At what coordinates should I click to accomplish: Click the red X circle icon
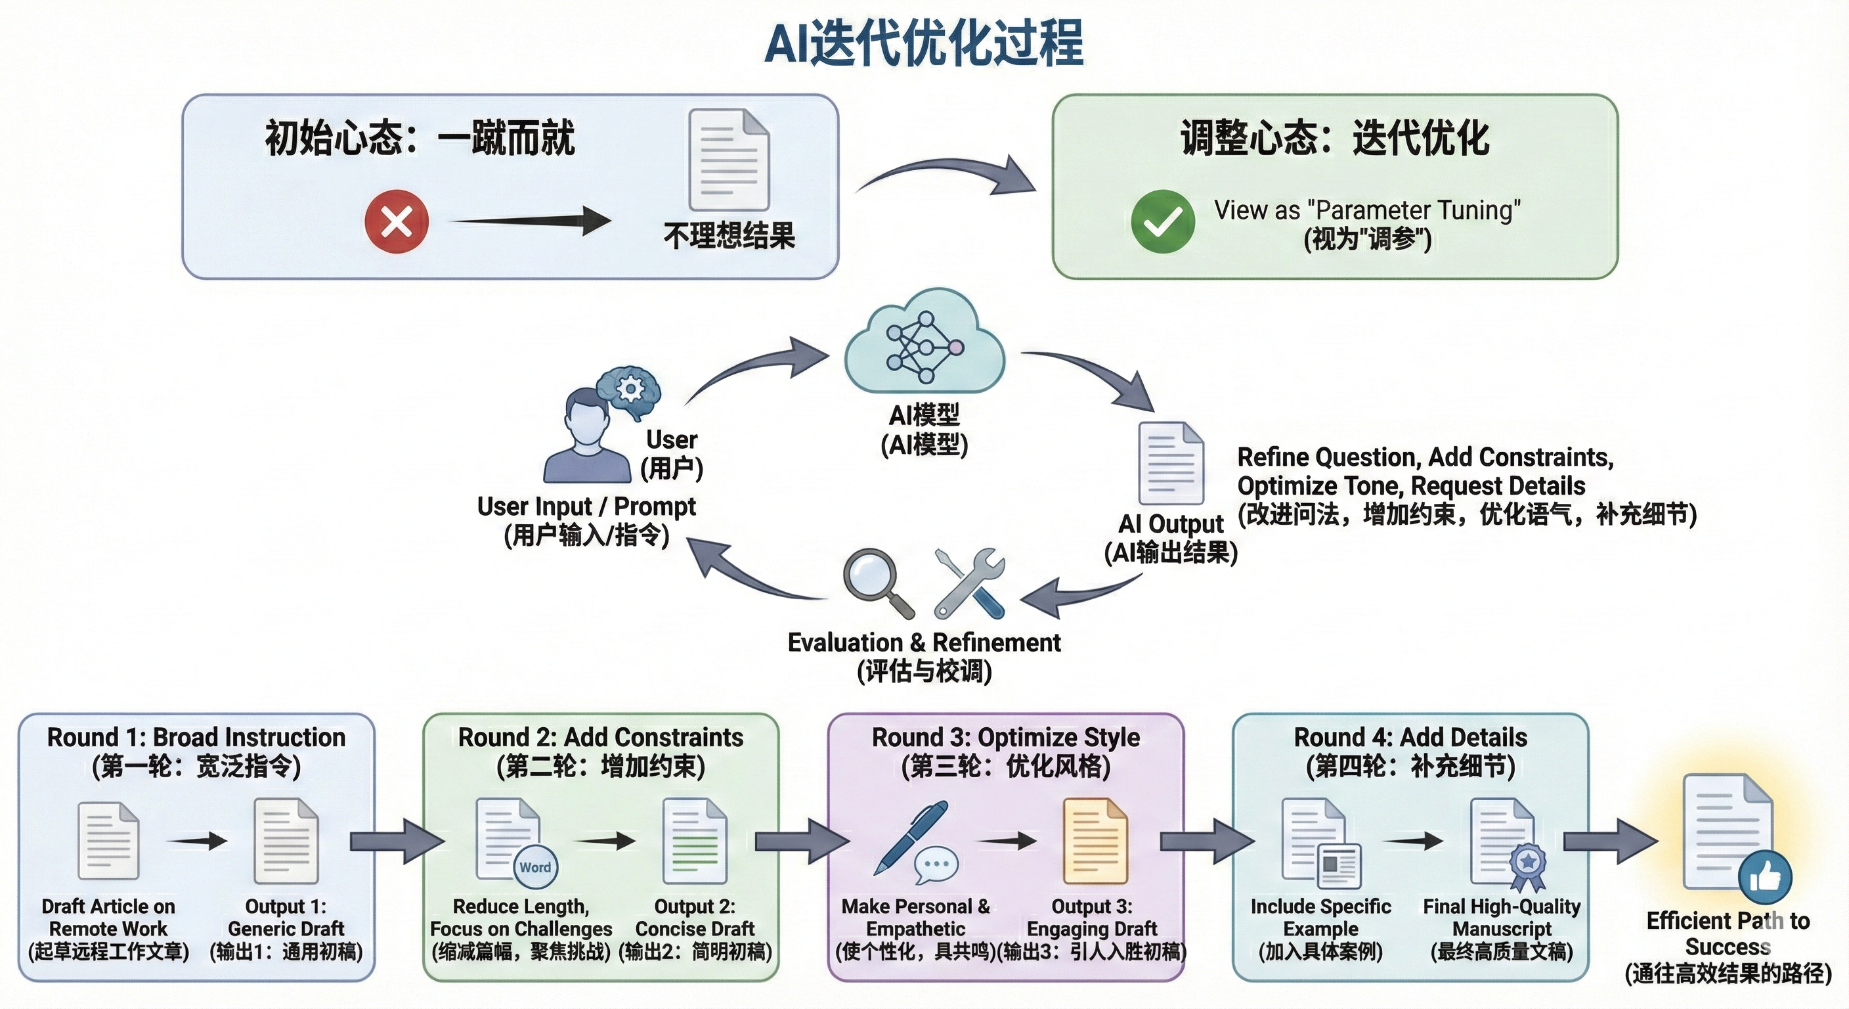point(396,221)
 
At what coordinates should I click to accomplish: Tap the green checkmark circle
point(1163,221)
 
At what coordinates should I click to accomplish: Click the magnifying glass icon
point(876,580)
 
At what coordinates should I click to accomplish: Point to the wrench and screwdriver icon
point(969,583)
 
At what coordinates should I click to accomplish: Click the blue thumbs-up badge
point(1764,878)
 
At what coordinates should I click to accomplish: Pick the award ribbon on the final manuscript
point(1527,865)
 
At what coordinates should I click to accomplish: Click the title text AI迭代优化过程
point(924,43)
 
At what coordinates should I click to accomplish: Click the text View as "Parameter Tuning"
point(1366,210)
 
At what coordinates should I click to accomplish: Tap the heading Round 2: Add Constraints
point(601,738)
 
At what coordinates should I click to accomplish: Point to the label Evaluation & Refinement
point(924,642)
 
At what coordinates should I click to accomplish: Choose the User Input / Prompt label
point(586,506)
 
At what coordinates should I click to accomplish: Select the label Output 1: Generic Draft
point(286,917)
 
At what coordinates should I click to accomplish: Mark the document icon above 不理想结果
point(729,160)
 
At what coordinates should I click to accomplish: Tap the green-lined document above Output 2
point(695,841)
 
